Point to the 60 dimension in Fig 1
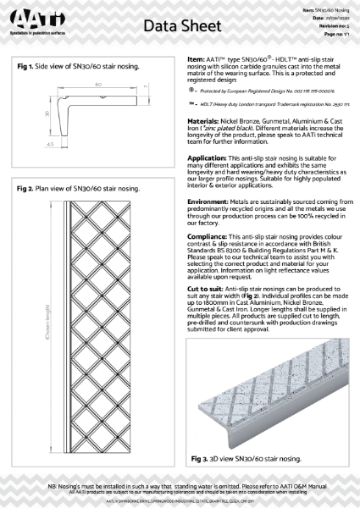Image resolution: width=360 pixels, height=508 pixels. point(99,86)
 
